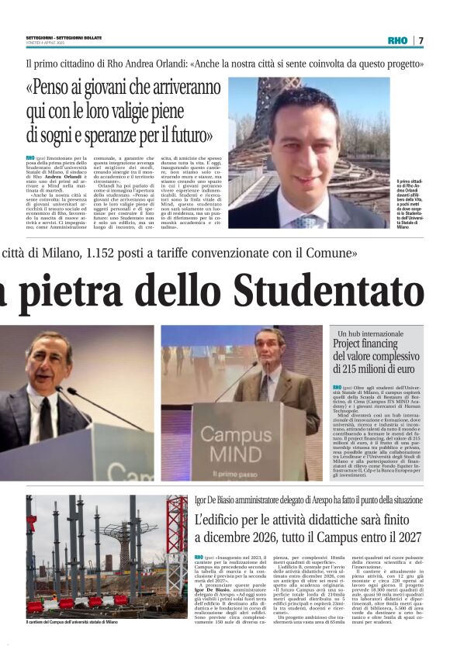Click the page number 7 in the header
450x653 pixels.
click(x=421, y=40)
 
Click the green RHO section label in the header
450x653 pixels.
click(x=396, y=40)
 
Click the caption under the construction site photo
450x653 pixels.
click(x=71, y=622)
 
